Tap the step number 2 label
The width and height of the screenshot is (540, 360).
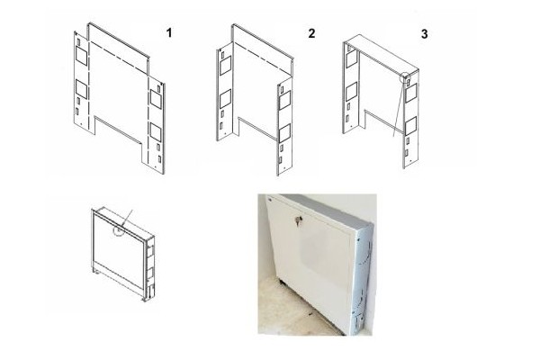(x=311, y=33)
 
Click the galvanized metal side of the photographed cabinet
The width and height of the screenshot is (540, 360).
(x=361, y=279)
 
